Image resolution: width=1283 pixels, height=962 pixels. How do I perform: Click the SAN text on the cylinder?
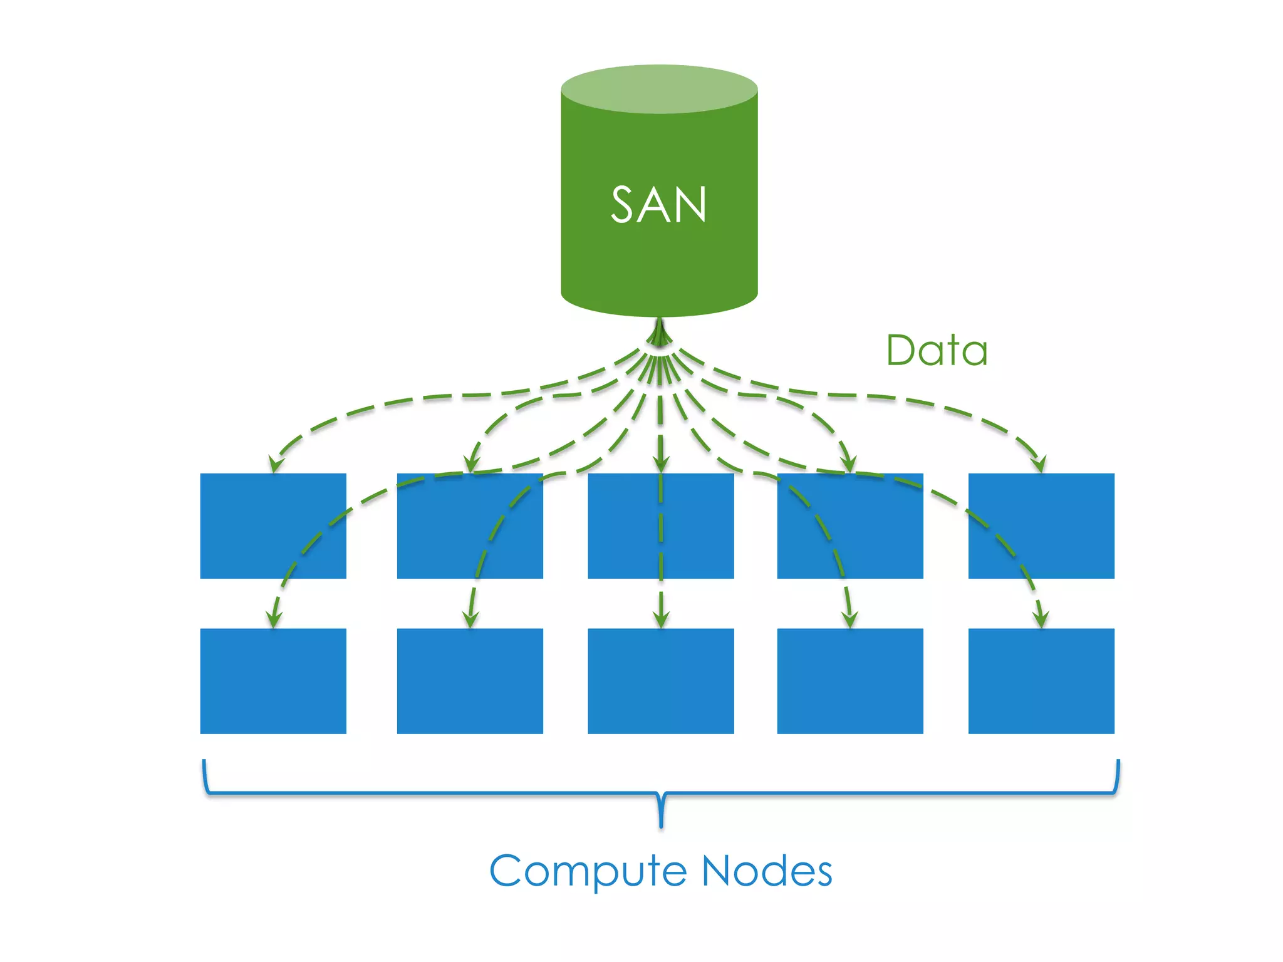(x=658, y=205)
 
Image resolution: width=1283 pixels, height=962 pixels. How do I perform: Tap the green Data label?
(x=937, y=350)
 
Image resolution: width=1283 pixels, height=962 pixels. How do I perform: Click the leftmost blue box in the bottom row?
(x=273, y=681)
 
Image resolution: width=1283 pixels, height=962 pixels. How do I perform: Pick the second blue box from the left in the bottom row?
(x=470, y=681)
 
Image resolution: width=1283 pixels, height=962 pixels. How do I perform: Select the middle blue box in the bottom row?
(x=661, y=681)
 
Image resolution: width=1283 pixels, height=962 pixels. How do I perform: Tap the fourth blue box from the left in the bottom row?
(x=850, y=681)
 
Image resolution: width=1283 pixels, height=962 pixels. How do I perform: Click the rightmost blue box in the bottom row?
(x=1041, y=681)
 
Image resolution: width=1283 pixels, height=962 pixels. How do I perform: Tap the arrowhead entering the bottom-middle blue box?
(x=661, y=619)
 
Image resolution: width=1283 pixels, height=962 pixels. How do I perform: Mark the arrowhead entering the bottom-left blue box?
(x=274, y=619)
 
